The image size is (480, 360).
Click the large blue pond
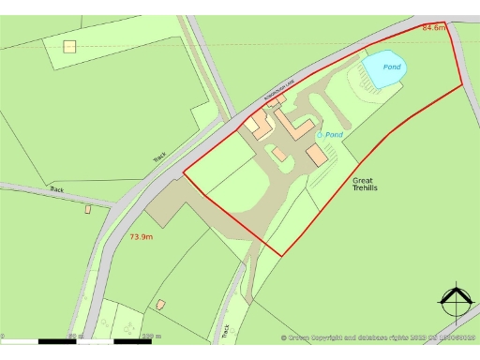384,68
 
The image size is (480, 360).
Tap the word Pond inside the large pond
392,67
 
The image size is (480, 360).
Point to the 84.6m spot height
434,28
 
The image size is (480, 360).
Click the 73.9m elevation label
141,237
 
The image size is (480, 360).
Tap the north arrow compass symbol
455,303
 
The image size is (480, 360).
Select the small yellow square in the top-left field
68,45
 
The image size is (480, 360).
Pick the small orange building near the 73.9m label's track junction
88,209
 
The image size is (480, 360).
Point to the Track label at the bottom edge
225,330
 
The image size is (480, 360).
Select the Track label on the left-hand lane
57,189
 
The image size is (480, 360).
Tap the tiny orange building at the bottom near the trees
160,304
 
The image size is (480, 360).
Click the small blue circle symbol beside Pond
319,135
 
